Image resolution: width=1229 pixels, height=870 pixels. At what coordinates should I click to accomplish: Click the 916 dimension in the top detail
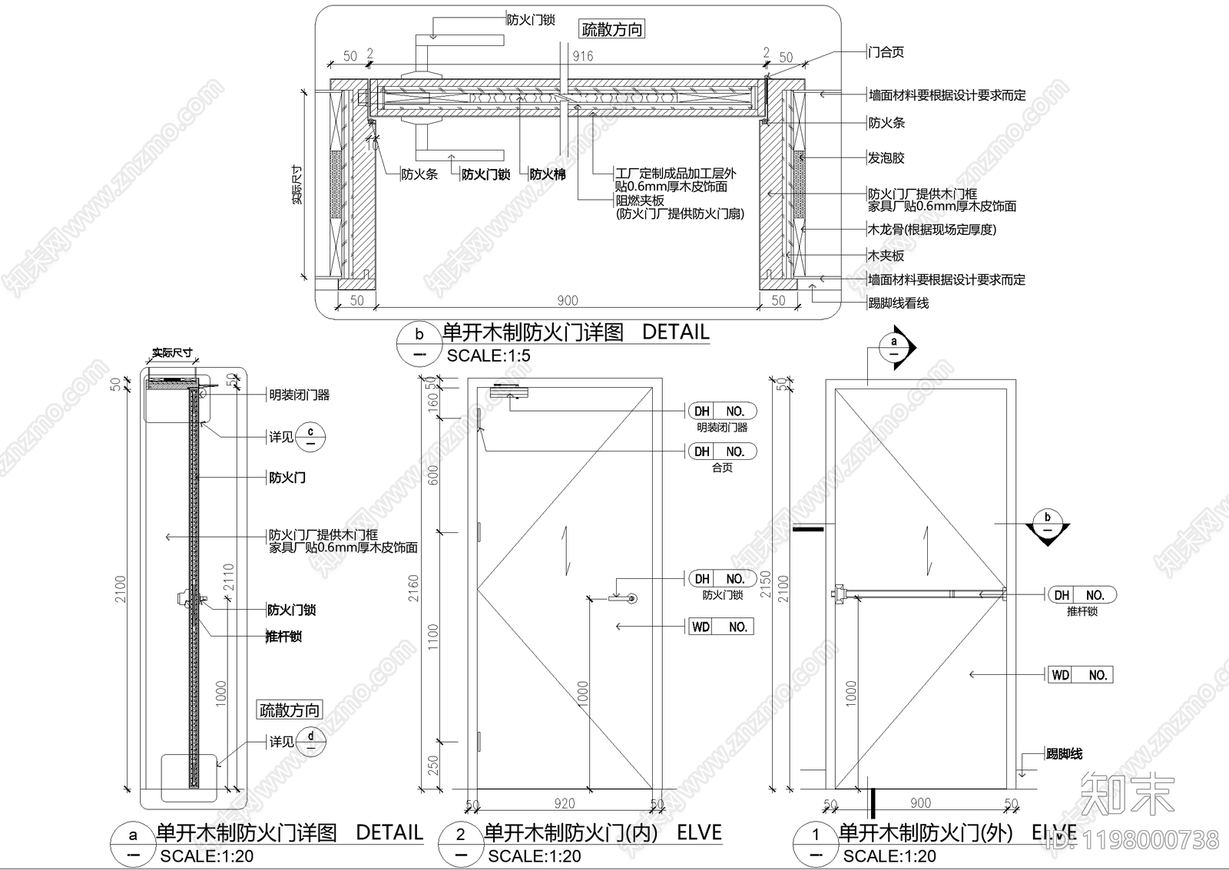coord(583,56)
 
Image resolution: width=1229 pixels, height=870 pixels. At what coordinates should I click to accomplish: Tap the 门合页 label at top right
coord(886,52)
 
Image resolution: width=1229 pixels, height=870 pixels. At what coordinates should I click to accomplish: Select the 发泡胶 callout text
coord(886,157)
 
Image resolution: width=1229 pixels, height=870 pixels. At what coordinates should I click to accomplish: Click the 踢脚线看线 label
coord(898,303)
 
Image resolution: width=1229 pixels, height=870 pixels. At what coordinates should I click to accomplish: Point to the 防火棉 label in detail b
coord(547,174)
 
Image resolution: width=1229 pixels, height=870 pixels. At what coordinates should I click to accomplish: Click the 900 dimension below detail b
coord(567,300)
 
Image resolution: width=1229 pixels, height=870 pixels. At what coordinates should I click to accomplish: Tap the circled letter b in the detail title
coord(419,335)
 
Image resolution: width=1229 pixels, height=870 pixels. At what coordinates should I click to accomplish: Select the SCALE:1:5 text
coord(489,356)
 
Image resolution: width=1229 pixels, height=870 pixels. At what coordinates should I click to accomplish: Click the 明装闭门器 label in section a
coord(299,395)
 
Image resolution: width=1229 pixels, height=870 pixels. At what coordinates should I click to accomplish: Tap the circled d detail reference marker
coord(310,742)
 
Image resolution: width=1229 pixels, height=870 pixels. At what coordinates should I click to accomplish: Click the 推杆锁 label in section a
coord(283,637)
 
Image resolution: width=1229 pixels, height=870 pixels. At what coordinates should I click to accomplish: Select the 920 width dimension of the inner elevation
coord(565,803)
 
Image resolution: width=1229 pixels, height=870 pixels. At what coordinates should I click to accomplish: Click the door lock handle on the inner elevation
coord(623,598)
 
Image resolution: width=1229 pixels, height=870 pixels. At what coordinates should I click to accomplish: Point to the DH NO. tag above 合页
coord(721,452)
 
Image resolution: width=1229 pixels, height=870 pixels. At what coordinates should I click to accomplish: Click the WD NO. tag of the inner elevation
coord(721,627)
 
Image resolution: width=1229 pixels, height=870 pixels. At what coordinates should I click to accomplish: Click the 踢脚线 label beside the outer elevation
coord(1064,754)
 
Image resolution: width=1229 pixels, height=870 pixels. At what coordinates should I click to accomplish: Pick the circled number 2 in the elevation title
coord(461,835)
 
